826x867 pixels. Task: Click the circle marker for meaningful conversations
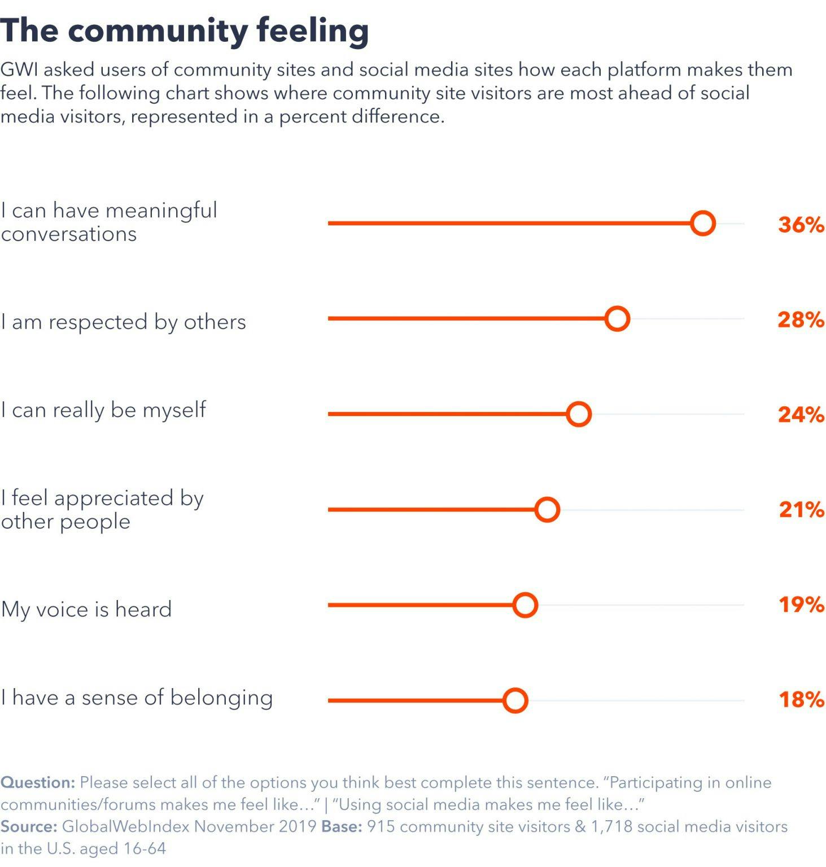[702, 224]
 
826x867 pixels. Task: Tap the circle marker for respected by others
[617, 319]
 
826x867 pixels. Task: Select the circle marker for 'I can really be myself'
[578, 414]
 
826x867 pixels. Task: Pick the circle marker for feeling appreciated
[547, 510]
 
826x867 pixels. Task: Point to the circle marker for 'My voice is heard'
[525, 605]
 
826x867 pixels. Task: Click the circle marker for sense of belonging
[515, 700]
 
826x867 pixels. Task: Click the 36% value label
[801, 225]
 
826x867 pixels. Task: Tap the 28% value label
[801, 320]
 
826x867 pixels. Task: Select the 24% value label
[801, 415]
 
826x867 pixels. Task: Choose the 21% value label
[801, 510]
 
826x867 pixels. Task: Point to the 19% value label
[801, 605]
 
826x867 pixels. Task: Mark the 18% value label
[801, 700]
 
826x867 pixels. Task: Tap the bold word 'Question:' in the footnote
[37, 783]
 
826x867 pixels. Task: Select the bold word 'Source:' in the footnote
[29, 826]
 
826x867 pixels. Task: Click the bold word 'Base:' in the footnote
[342, 826]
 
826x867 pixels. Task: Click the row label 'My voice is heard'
[86, 610]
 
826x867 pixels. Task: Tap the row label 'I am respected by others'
[123, 322]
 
